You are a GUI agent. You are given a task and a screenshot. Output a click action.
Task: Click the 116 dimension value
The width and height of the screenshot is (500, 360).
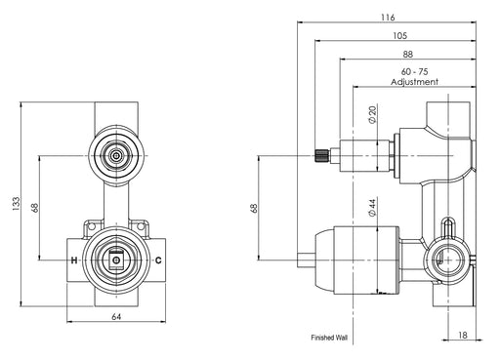388,17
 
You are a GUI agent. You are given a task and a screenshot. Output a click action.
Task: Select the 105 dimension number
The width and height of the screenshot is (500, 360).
399,35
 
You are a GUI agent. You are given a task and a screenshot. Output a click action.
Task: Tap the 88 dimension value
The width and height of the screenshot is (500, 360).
407,54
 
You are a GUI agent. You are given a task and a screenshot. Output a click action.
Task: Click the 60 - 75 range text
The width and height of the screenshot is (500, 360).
414,71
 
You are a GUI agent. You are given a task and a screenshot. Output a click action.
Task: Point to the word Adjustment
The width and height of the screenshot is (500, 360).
414,82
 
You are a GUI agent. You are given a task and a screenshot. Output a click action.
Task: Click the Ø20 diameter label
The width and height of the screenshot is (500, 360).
372,114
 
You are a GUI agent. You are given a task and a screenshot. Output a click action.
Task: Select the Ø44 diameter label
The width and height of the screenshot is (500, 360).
372,208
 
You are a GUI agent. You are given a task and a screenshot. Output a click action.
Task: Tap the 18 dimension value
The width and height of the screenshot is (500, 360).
462,335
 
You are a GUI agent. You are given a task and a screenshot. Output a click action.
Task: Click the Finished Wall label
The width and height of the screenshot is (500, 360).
329,338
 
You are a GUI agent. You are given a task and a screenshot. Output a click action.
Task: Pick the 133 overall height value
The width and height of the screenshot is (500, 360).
16,204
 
